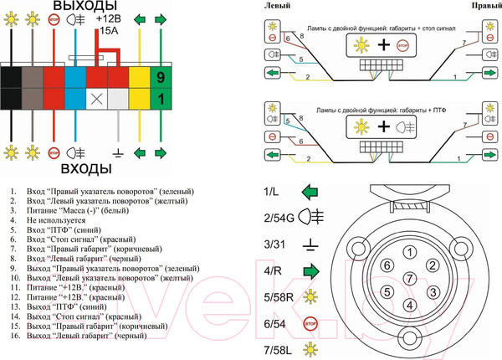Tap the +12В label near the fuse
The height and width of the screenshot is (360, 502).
[x=112, y=18]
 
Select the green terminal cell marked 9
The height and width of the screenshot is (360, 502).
[x=161, y=78]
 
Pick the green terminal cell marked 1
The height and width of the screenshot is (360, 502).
[x=161, y=99]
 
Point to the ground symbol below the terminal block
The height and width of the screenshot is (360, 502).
[x=118, y=153]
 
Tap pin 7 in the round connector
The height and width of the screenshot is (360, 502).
[x=407, y=278]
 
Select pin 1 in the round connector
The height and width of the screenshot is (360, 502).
[x=407, y=252]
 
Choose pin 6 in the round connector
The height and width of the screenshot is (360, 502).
[x=386, y=265]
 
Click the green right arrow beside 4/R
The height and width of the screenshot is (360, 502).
[x=311, y=270]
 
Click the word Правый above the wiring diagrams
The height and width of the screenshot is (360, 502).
[x=485, y=6]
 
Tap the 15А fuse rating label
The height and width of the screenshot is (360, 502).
[x=110, y=31]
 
